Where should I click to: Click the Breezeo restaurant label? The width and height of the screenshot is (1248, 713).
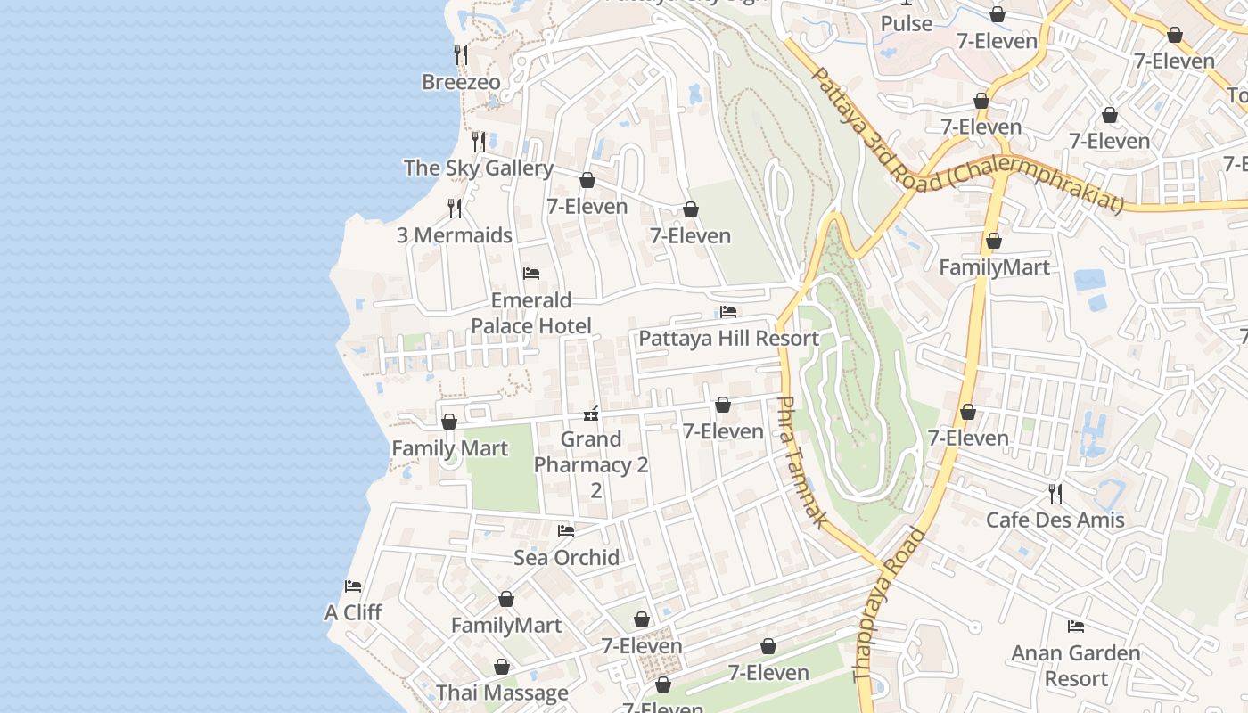(461, 82)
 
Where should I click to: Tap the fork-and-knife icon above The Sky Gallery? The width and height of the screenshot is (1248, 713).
(479, 142)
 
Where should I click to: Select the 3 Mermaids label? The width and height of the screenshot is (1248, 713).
(455, 235)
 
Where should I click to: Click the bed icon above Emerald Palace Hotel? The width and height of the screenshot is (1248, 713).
(531, 274)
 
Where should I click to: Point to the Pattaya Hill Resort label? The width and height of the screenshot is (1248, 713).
(728, 339)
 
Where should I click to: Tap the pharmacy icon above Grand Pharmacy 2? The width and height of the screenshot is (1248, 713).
(590, 414)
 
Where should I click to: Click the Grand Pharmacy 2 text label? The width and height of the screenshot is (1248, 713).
(591, 452)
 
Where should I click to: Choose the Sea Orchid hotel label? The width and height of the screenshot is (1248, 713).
(566, 558)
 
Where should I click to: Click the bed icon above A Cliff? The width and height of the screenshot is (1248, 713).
(353, 586)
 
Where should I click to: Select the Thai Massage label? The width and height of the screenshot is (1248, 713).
(502, 693)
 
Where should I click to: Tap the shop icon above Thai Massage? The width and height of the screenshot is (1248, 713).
(502, 667)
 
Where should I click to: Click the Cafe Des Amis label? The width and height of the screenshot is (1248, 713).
(1055, 520)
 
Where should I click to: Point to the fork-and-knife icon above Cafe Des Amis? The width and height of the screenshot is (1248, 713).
(1055, 493)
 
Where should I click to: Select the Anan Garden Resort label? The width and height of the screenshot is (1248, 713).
(1075, 666)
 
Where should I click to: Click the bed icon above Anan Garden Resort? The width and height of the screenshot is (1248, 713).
(1076, 627)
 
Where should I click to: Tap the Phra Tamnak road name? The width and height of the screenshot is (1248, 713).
(800, 462)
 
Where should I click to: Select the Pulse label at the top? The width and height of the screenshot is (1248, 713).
(907, 24)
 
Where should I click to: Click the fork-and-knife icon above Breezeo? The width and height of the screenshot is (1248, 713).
(461, 55)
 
